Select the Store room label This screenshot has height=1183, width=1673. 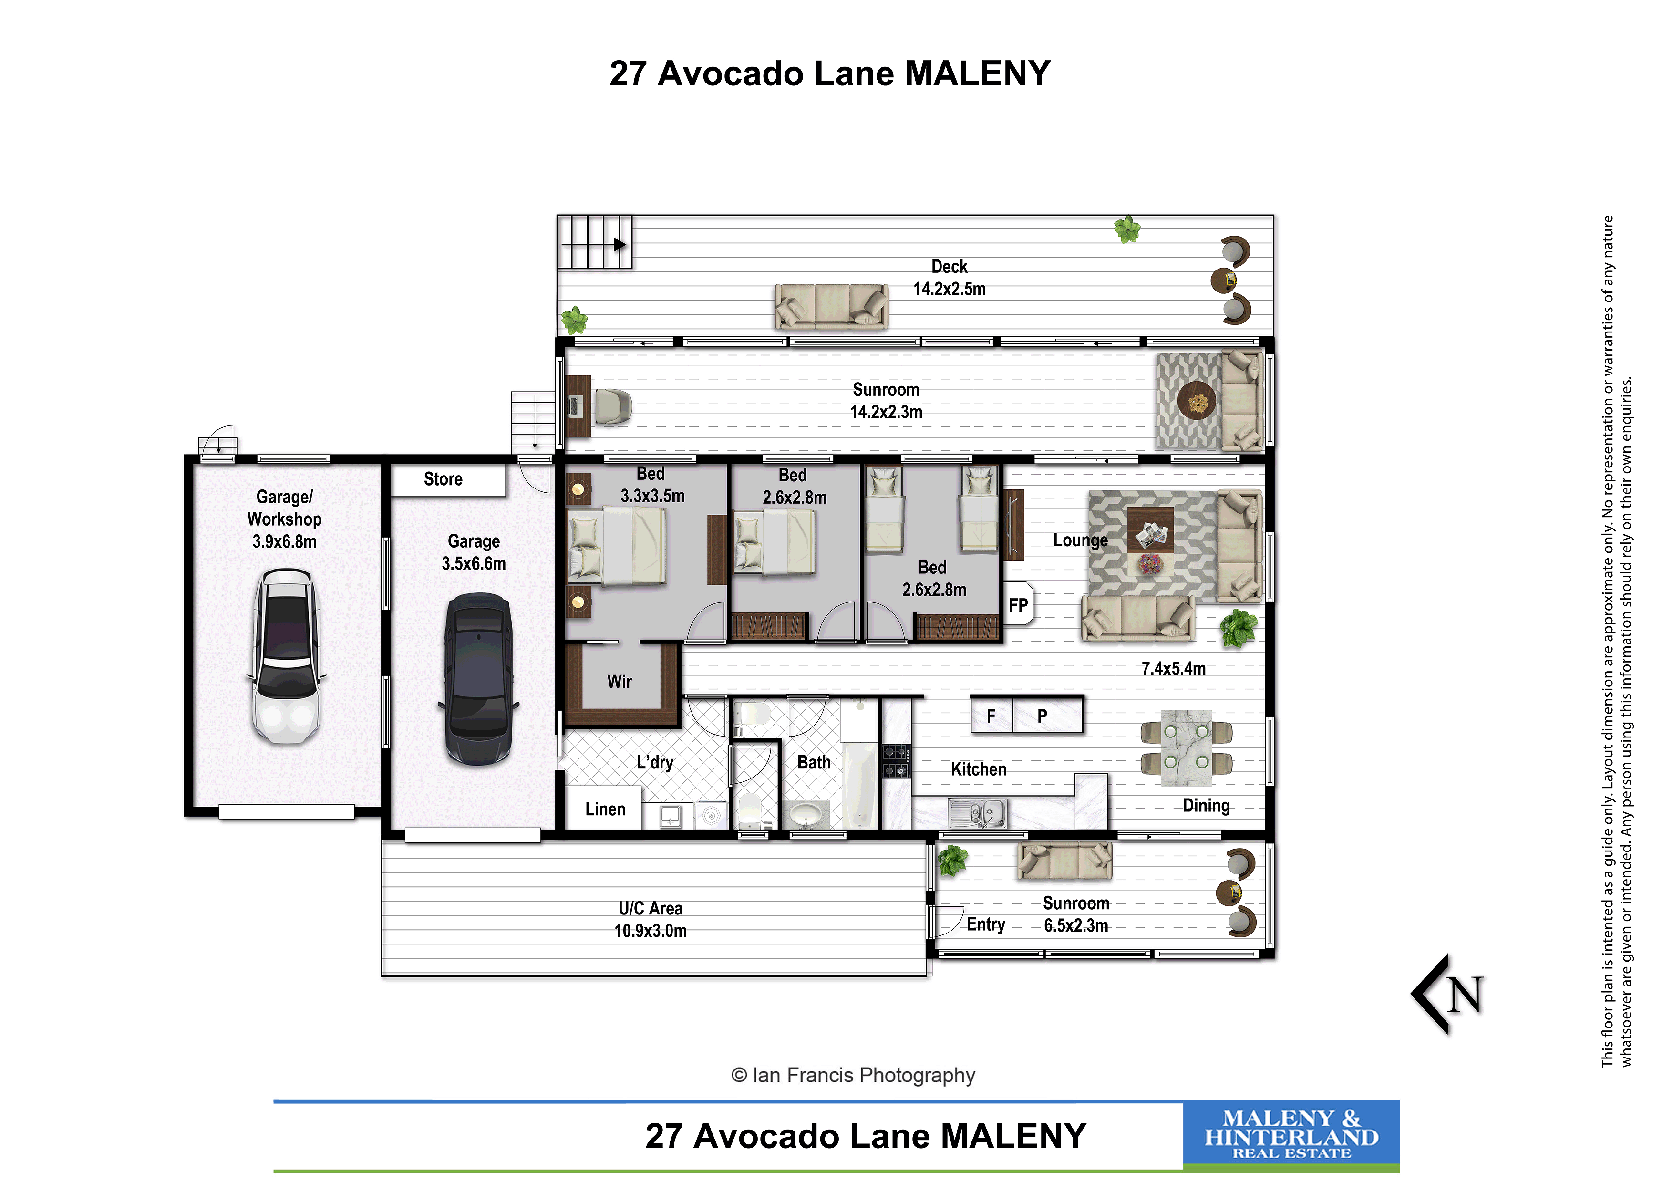(x=443, y=479)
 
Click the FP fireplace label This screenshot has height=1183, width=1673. (x=1018, y=605)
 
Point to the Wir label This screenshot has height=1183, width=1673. (x=620, y=682)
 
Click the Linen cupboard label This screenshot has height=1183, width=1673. (x=605, y=809)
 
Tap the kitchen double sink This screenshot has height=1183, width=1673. (x=978, y=813)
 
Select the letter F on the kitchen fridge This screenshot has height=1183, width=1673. (x=991, y=716)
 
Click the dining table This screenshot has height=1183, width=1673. (x=1186, y=748)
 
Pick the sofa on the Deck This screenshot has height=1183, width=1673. (x=831, y=306)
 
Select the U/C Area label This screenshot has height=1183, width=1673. (x=651, y=908)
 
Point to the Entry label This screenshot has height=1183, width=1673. (x=986, y=925)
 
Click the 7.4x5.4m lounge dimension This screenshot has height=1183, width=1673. (x=1173, y=668)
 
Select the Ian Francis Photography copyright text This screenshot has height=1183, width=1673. (x=853, y=1075)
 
